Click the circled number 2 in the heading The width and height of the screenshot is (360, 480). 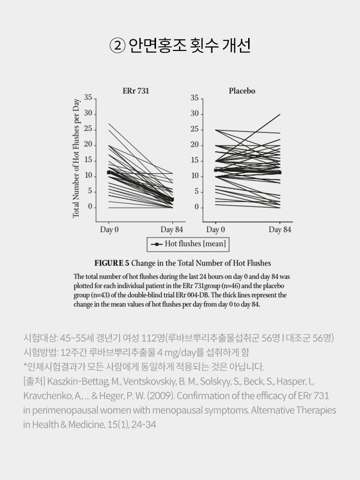pos(117,46)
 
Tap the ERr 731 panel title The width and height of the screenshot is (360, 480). pos(136,91)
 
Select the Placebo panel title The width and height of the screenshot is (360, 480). pos(242,91)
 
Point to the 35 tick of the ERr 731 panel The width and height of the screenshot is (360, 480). pos(88,98)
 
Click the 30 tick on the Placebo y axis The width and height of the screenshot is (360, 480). pos(194,114)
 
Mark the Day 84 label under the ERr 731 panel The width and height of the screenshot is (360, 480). pos(172,229)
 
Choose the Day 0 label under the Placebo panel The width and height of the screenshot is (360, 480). pos(216,229)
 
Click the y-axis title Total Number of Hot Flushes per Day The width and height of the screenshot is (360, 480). pos(76,158)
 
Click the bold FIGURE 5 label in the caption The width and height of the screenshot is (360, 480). pos(112,263)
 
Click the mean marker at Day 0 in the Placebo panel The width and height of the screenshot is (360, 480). pos(216,170)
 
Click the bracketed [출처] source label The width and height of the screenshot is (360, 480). pos(34,382)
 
